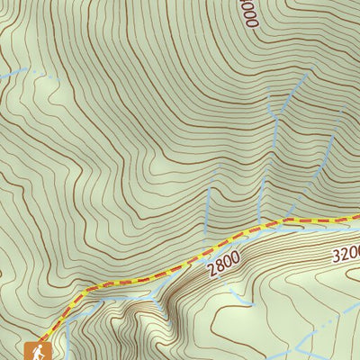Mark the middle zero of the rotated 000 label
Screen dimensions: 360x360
(x=252, y=12)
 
